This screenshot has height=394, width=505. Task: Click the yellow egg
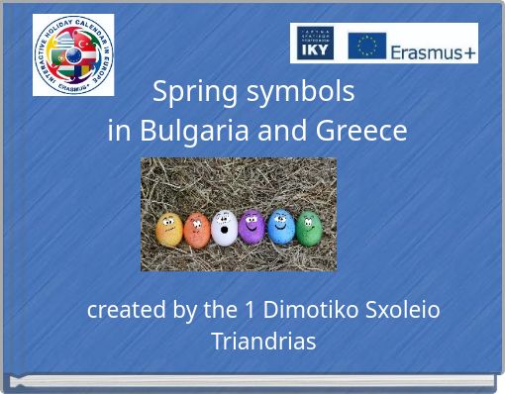[168, 232]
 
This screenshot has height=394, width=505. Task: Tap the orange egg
[197, 230]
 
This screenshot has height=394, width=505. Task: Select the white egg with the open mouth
[224, 229]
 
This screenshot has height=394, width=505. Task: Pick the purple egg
[252, 228]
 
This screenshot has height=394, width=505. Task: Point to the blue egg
[281, 229]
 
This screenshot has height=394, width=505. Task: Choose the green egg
[309, 229]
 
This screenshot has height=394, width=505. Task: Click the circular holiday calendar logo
[73, 55]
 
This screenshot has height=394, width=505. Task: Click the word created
[127, 310]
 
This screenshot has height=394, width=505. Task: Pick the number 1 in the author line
[251, 310]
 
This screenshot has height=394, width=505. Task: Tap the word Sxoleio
[403, 310]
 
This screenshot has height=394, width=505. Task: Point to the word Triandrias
[263, 342]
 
